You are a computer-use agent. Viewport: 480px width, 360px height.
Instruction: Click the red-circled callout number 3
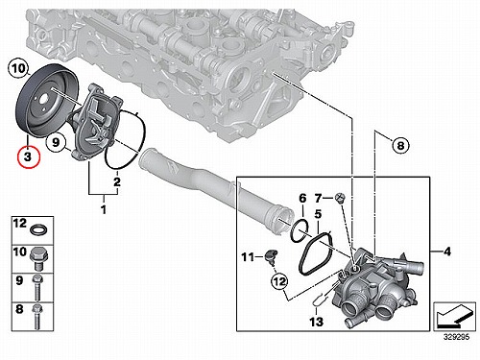pos(28,157)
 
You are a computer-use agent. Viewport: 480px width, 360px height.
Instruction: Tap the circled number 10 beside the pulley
pos(18,69)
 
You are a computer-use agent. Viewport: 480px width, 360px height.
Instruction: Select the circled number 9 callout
pos(56,142)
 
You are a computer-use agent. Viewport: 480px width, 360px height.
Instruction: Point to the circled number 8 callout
pos(400,146)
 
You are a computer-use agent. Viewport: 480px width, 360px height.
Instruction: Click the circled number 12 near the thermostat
pos(279,281)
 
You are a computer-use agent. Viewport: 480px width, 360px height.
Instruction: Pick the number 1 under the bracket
pos(104,210)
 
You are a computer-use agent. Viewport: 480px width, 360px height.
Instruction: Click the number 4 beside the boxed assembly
pos(447,252)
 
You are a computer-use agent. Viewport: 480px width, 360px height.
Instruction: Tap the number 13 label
pos(316,322)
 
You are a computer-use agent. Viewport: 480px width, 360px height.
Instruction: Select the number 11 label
pos(248,256)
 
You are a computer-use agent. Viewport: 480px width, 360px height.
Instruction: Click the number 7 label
pos(318,199)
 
